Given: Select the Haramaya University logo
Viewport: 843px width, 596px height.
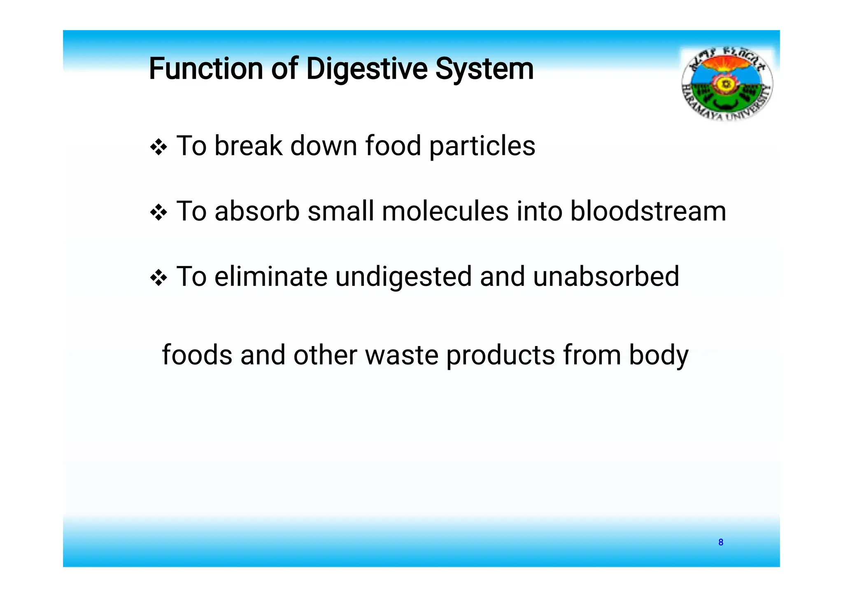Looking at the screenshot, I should [x=727, y=84].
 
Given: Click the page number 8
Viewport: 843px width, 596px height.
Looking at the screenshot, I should [x=721, y=542].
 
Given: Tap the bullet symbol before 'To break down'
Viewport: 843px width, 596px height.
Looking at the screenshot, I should [x=158, y=147].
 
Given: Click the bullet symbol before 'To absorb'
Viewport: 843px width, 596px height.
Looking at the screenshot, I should [x=158, y=213].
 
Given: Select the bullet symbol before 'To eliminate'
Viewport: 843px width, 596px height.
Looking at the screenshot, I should [x=158, y=278].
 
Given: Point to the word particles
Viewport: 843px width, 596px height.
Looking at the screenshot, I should [x=482, y=146].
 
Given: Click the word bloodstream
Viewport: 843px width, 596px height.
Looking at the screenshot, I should [x=648, y=211].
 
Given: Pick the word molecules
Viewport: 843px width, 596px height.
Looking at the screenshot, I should [x=445, y=211].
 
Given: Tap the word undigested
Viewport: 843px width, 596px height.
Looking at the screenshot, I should [x=403, y=277].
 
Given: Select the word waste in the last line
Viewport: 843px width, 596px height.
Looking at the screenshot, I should [x=401, y=355].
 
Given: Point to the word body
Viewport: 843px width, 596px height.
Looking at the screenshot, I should [x=659, y=355].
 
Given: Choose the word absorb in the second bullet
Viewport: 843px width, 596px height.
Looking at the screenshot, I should [x=257, y=211].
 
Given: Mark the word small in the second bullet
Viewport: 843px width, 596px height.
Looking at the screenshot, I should [x=340, y=211].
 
